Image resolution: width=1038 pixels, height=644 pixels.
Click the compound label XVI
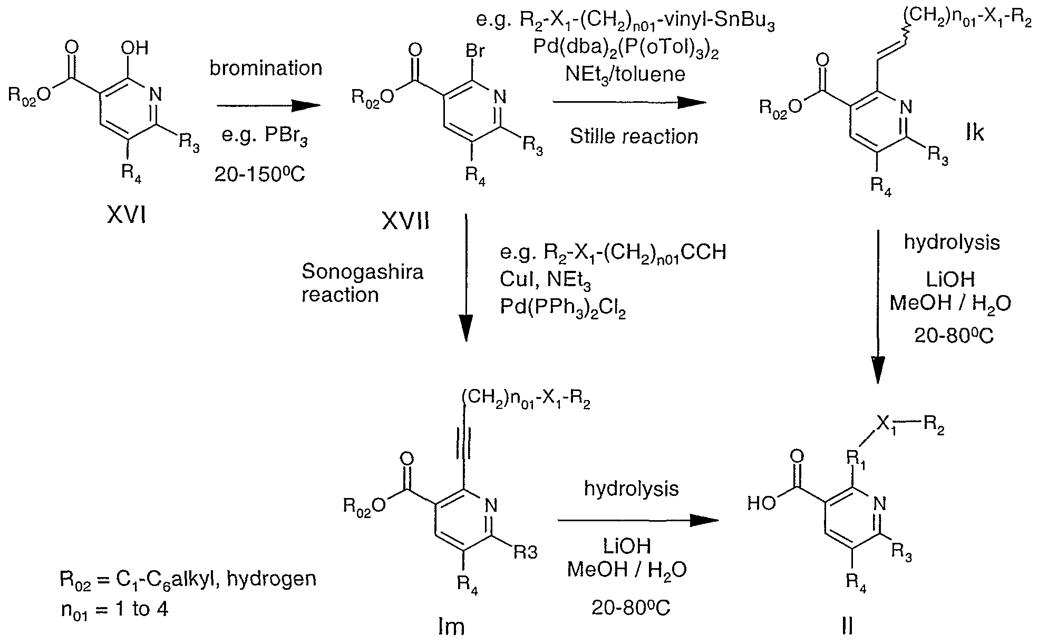(x=126, y=215)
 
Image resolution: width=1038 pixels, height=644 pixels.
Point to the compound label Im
(x=451, y=626)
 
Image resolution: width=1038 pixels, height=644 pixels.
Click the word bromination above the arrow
(x=266, y=68)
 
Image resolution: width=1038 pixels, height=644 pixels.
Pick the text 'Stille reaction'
(x=634, y=136)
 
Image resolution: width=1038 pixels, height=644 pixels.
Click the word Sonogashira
(x=362, y=272)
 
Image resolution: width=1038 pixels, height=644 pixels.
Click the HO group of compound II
(x=762, y=504)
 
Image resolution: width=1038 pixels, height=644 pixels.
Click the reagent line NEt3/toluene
(x=625, y=74)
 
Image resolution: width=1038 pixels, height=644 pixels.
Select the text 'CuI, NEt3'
(x=545, y=285)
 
